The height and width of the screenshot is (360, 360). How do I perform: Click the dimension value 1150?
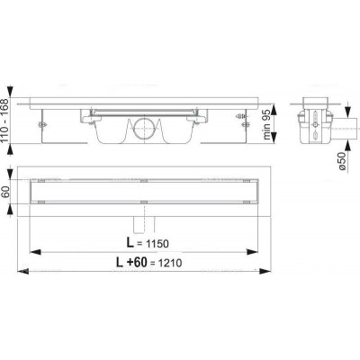(x=157, y=244)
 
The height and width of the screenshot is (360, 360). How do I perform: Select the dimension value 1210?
(x=170, y=263)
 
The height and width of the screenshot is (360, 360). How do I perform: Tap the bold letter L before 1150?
(x=130, y=243)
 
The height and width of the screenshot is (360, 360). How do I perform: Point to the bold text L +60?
(x=131, y=263)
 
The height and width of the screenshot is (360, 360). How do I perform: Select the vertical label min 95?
(x=267, y=123)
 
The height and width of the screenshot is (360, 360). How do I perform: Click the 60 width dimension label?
(x=6, y=192)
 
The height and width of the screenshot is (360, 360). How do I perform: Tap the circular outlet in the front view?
(x=144, y=128)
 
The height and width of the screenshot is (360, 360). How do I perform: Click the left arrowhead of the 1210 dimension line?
(x=22, y=271)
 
